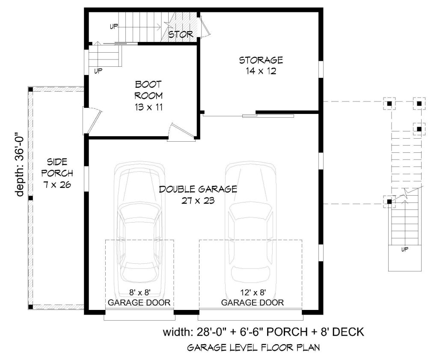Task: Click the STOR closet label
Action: [x=181, y=34]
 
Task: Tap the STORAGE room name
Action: [x=261, y=60]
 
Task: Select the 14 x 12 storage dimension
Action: [x=261, y=71]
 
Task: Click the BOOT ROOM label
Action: [x=149, y=90]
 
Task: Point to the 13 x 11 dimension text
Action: [x=149, y=107]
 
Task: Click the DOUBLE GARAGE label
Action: [x=198, y=189]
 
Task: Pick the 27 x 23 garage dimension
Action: [x=198, y=201]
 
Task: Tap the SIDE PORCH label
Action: [x=57, y=167]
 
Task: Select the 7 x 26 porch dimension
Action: [x=57, y=185]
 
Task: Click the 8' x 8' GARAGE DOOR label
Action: [x=139, y=298]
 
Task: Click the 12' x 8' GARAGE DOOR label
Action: [x=253, y=298]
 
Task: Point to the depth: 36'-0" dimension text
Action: [x=20, y=165]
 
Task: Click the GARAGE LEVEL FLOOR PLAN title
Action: [x=253, y=348]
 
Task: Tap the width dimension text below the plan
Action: [x=263, y=332]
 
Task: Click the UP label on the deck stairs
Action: [x=405, y=249]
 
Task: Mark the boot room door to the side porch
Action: [x=92, y=121]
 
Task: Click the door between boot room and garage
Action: [x=181, y=133]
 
